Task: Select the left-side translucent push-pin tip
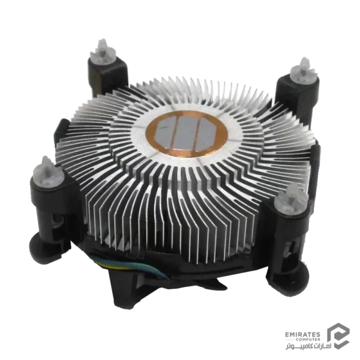click(48, 170)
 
